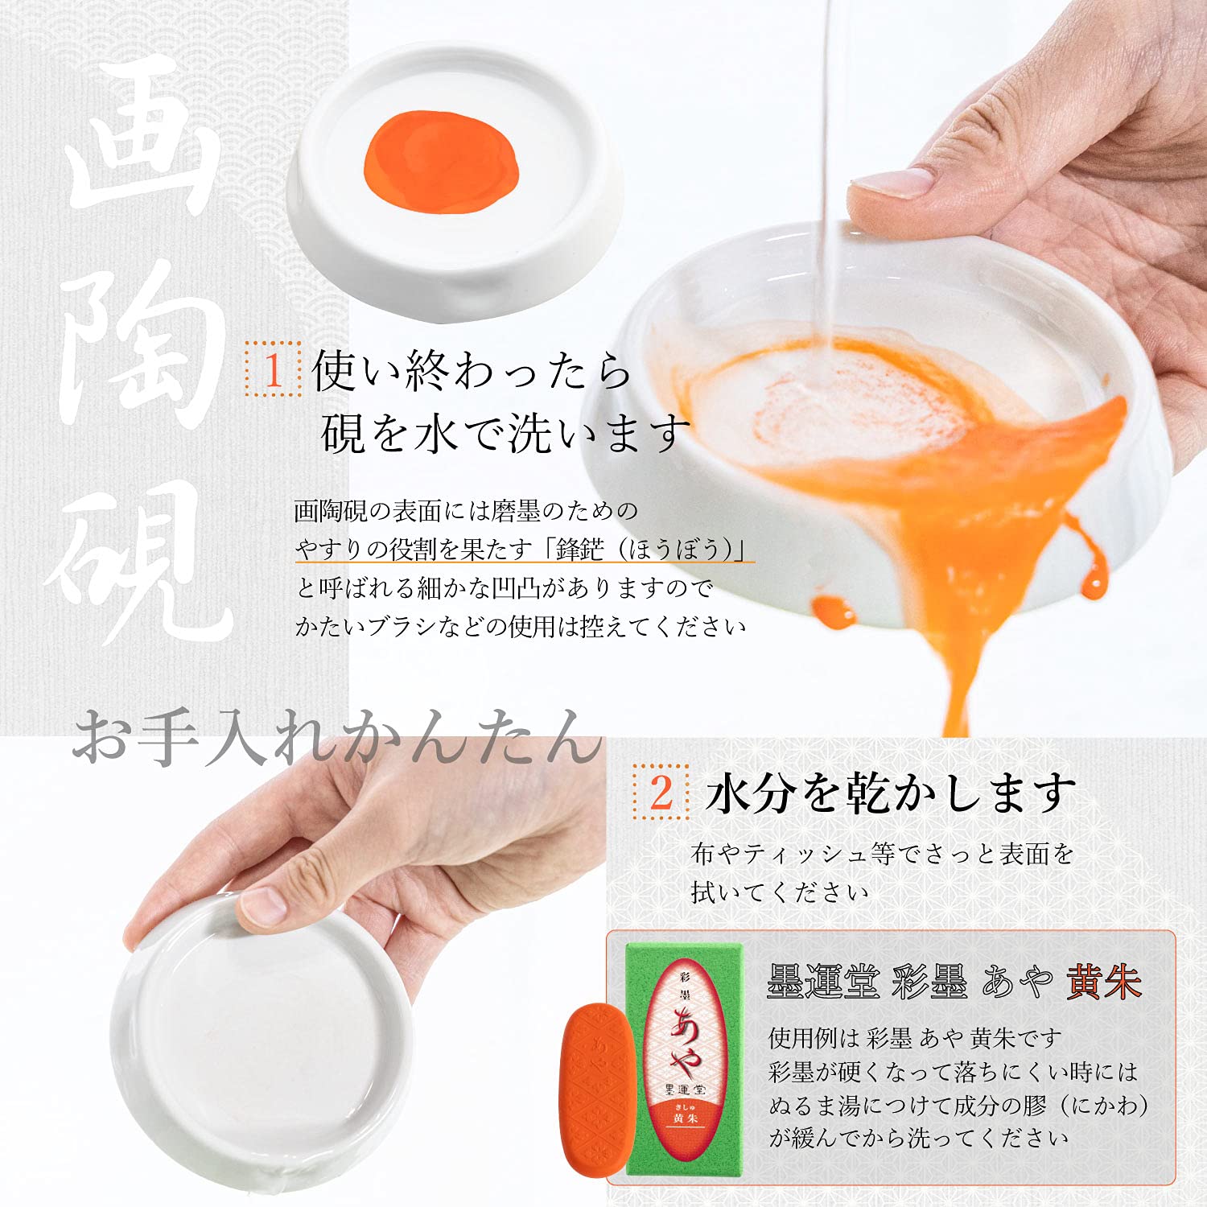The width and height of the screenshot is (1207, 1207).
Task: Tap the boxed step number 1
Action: pos(273,369)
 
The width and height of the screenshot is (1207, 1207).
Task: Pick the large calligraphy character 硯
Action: pos(141,563)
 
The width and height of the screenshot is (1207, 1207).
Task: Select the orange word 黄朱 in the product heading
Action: pos(1104,982)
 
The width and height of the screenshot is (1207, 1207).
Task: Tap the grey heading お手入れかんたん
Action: pos(337,735)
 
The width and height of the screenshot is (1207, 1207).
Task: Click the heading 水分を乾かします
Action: pos(890,793)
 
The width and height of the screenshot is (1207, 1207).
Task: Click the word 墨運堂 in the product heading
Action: pos(822,982)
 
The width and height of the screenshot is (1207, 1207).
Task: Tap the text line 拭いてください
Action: pos(779,892)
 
